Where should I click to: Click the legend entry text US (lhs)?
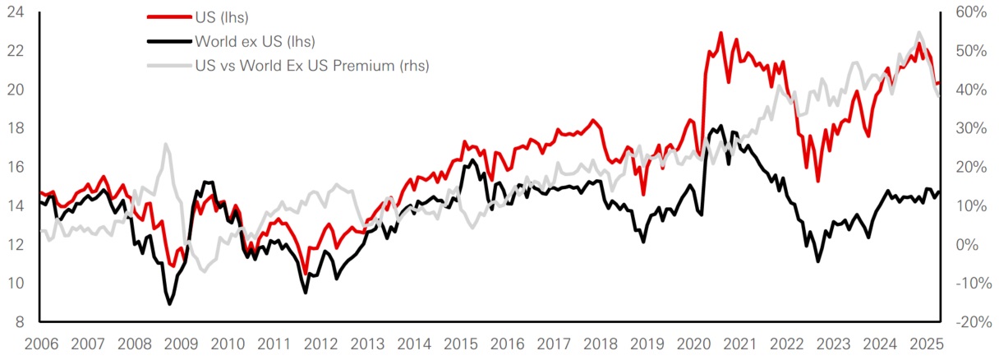(x=219, y=17)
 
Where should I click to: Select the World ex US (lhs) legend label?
(x=255, y=41)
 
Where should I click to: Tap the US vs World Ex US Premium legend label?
(x=311, y=65)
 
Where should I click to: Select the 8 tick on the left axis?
(x=22, y=322)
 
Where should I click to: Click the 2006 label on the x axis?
(x=40, y=343)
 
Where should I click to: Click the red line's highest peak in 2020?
(x=720, y=33)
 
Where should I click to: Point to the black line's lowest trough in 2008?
(x=170, y=304)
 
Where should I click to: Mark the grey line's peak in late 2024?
(x=918, y=32)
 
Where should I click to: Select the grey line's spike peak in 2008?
(x=166, y=145)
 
